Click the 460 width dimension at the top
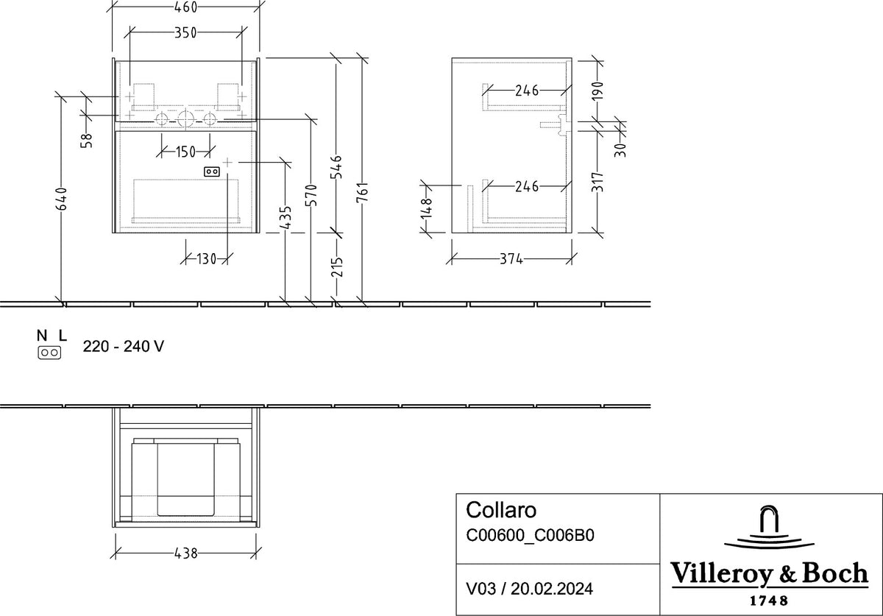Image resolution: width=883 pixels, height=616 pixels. coord(185,7)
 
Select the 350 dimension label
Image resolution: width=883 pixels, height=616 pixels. coord(185,32)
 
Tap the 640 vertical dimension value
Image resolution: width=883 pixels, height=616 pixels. coord(62,199)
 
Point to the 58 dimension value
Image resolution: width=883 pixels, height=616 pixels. coord(87,141)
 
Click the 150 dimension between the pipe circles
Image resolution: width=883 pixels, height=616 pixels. coord(185,152)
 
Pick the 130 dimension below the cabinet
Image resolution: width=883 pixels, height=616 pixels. coord(206,260)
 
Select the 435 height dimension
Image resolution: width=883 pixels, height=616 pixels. coord(285,217)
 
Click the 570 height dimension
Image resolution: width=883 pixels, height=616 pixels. coord(311,195)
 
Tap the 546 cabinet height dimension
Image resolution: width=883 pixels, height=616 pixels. coord(336,167)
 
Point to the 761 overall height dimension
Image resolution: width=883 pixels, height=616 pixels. coord(362,192)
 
